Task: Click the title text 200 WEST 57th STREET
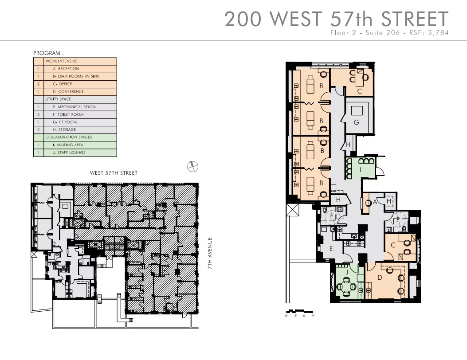337,19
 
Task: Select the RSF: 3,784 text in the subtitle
429,32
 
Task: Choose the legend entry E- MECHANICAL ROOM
75,106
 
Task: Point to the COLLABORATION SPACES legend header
68,137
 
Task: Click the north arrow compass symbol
192,166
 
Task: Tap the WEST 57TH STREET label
114,173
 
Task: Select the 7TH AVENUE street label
210,253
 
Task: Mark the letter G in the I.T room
357,122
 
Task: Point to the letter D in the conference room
380,278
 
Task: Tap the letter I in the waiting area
361,170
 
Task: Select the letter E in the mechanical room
331,249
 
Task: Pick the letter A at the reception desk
375,202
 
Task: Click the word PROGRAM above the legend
47,53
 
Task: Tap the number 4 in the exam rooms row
38,76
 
